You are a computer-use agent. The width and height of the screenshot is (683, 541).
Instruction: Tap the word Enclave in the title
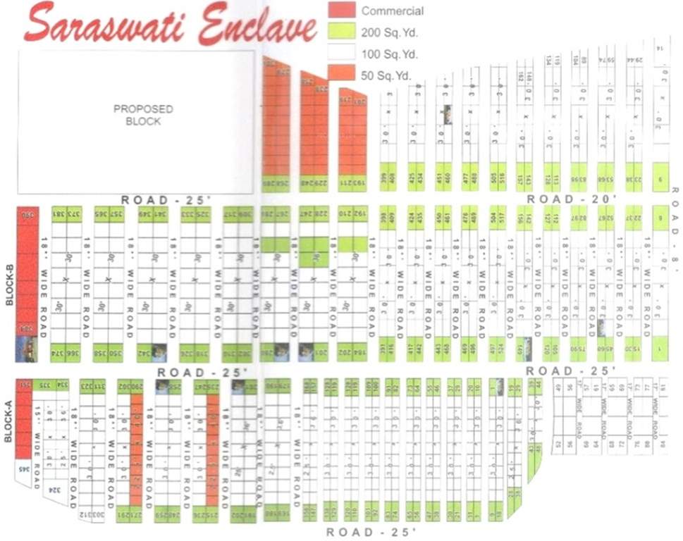point(257,27)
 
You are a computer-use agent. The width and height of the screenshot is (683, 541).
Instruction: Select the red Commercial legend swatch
point(342,10)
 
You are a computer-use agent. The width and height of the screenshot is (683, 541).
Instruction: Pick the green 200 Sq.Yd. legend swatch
point(342,31)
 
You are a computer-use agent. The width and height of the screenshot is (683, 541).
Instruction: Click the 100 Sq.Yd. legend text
point(389,54)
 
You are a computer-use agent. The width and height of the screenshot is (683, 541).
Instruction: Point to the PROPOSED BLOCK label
point(144,115)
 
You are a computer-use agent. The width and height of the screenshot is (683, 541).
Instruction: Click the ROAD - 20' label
point(571,199)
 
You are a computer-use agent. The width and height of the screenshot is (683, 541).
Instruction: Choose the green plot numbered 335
point(43,385)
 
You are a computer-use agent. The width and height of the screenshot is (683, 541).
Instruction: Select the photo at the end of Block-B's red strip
point(26,349)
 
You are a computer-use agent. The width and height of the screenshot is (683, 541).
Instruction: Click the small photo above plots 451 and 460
point(447,114)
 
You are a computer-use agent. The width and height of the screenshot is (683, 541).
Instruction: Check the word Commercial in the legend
point(392,11)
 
